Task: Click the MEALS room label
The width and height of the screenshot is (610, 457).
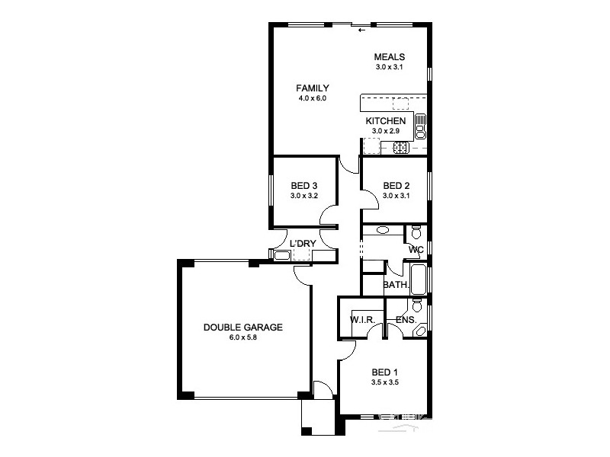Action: tap(389, 57)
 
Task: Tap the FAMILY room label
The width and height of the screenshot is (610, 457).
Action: tap(313, 88)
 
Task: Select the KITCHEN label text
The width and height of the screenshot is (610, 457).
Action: tap(386, 121)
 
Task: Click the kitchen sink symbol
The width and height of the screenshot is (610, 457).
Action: tap(421, 124)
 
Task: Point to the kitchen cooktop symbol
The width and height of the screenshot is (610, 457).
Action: tap(401, 148)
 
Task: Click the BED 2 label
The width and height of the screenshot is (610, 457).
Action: tap(396, 186)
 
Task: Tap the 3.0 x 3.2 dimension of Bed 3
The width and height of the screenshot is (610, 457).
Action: tap(303, 196)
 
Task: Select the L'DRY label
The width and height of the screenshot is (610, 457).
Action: tap(303, 244)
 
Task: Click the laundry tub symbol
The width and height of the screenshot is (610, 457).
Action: tap(281, 256)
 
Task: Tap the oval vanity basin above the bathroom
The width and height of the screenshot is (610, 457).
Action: tap(383, 229)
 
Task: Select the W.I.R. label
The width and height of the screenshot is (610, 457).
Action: tap(361, 320)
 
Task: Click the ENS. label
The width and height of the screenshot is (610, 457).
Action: tap(406, 320)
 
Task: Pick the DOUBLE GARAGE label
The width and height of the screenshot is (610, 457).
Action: tap(243, 328)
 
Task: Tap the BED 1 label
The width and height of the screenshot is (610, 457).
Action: tap(384, 372)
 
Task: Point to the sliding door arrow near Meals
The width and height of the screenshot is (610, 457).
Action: tap(361, 30)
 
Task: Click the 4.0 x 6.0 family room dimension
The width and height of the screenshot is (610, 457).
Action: tap(313, 98)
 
